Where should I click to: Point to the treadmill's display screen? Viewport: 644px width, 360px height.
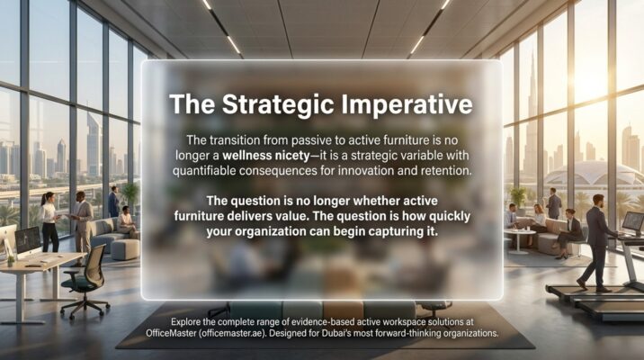pyautogui.click(x=632, y=221)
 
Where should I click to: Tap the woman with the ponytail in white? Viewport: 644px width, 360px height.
pyautogui.click(x=49, y=220)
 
